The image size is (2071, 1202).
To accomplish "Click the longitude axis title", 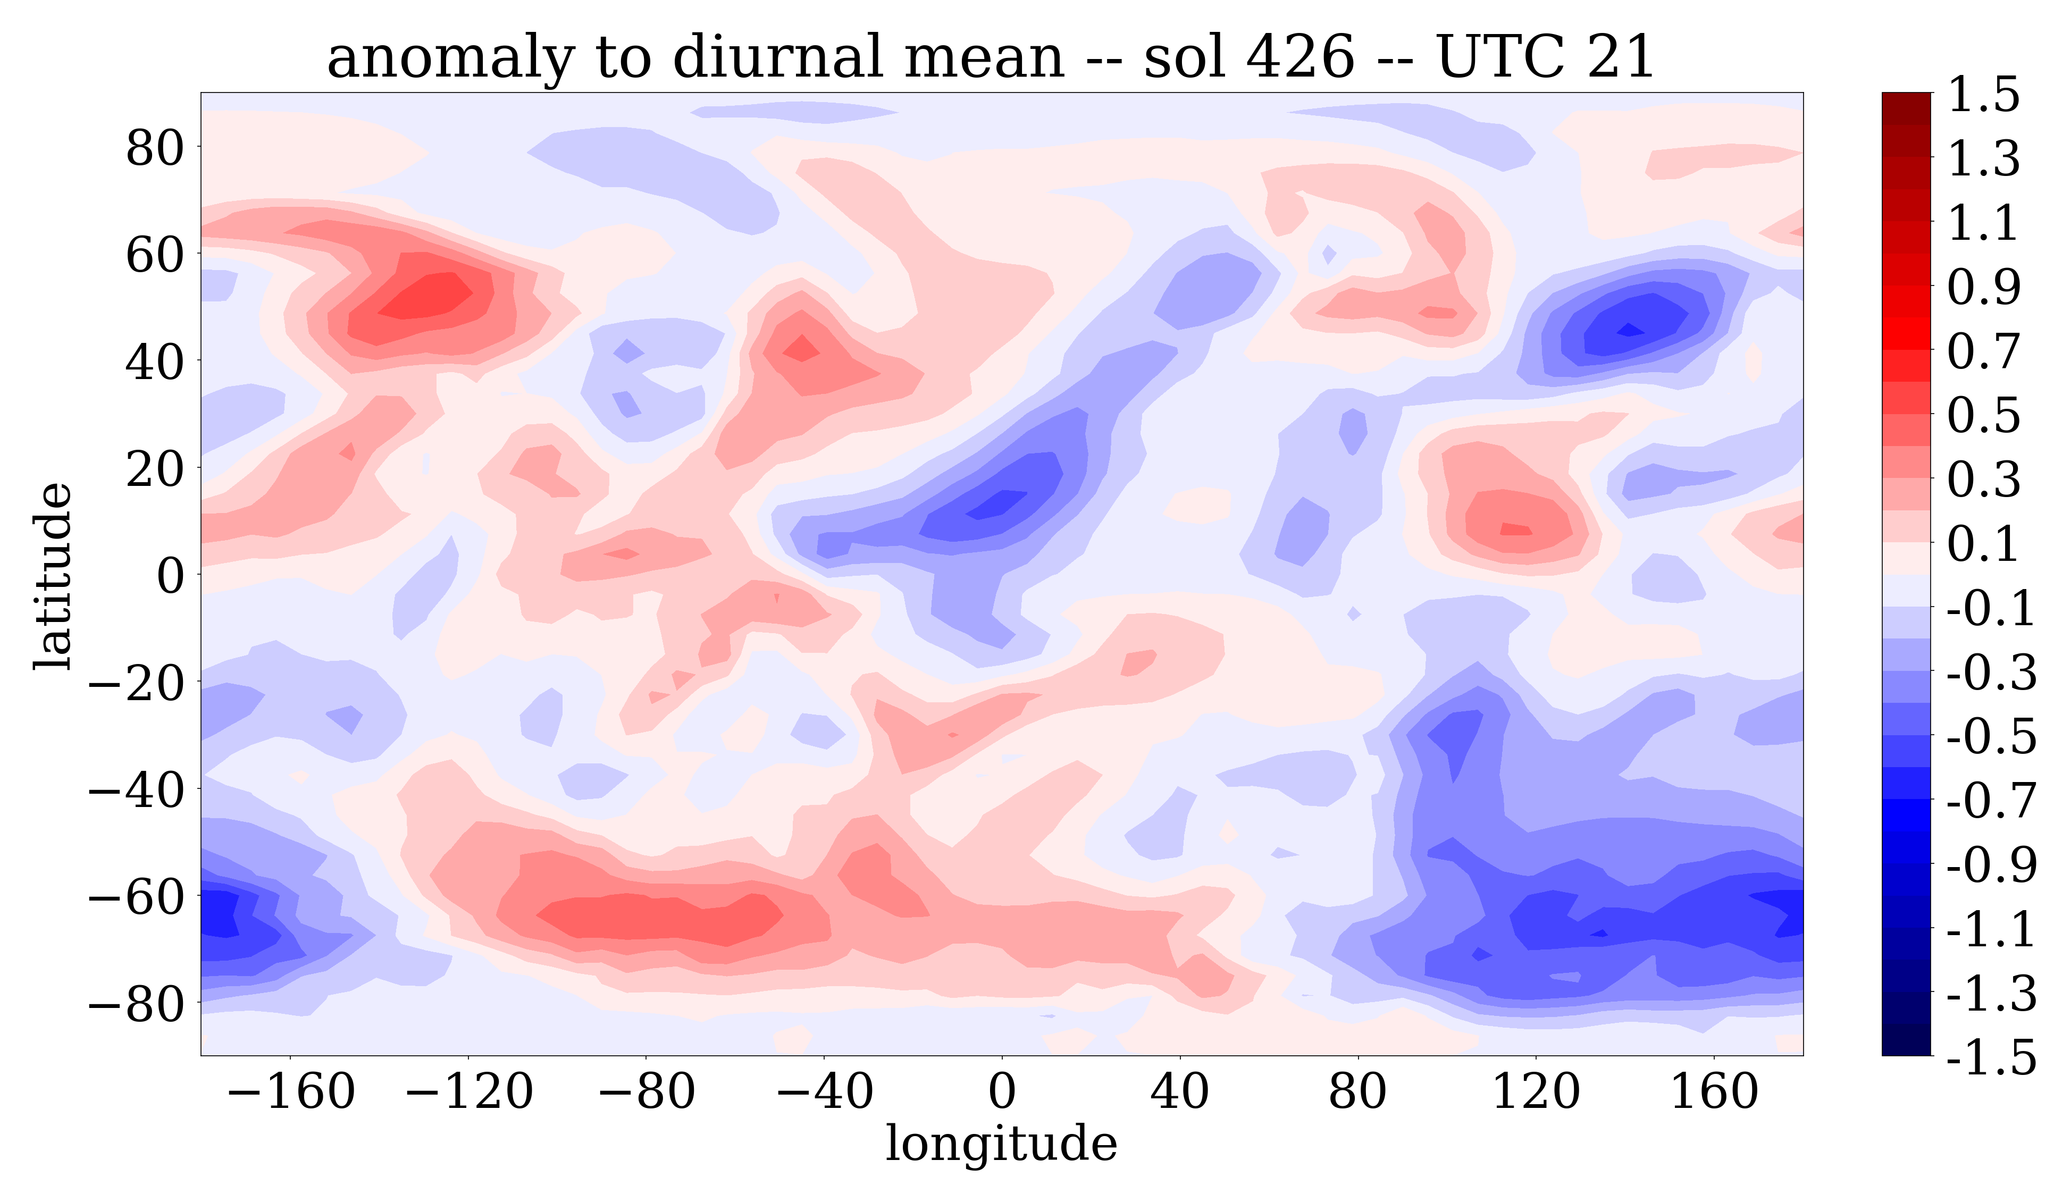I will tap(1001, 1143).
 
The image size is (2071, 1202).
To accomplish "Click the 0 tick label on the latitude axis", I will tap(171, 575).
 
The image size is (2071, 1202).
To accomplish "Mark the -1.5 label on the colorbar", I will tap(1991, 1056).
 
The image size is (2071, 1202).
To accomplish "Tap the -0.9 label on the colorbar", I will tap(1991, 863).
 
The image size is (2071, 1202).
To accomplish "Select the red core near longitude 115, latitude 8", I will tap(1515, 529).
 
